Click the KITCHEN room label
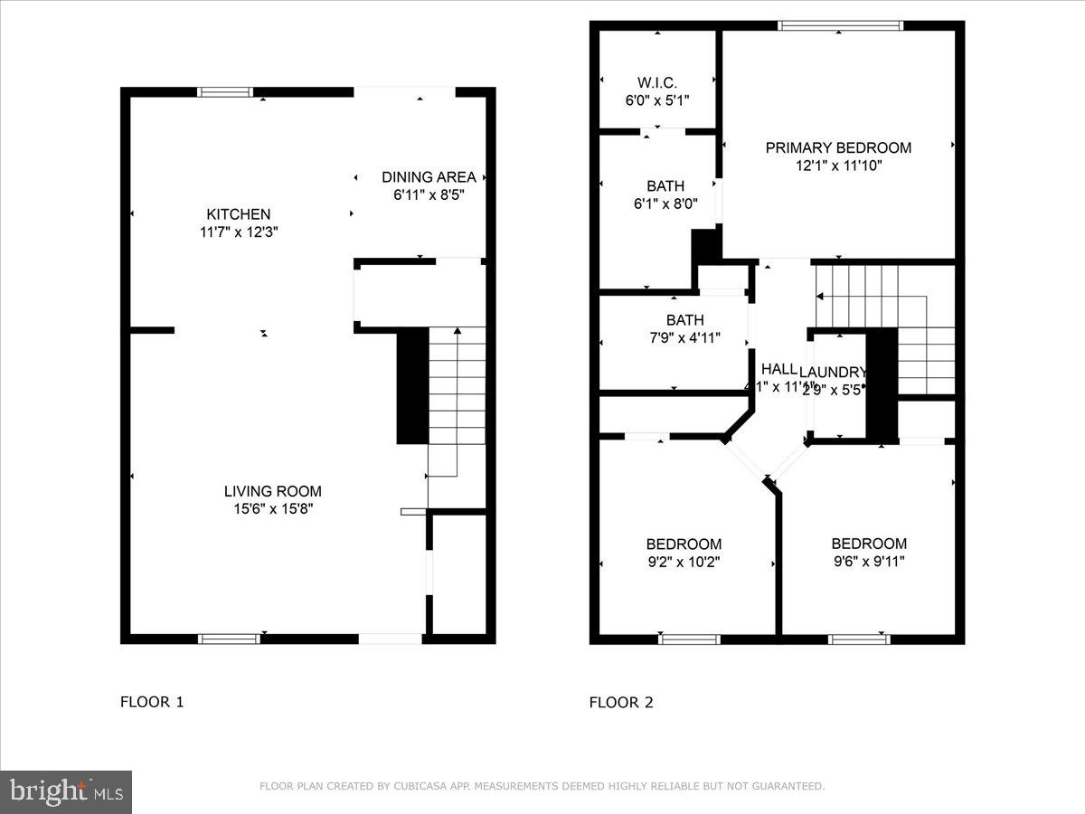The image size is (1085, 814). click(x=239, y=214)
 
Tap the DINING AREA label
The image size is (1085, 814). click(x=429, y=177)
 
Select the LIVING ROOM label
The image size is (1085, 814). click(x=273, y=491)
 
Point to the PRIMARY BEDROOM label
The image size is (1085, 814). click(x=838, y=147)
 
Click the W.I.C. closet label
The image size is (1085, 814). click(x=657, y=83)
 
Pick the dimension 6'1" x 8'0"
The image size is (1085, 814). click(x=665, y=204)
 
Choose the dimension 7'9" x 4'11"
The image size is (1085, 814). click(x=684, y=338)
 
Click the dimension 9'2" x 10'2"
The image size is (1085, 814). click(x=684, y=562)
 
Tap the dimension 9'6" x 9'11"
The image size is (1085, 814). click(x=869, y=561)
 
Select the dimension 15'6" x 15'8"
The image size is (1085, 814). click(x=273, y=509)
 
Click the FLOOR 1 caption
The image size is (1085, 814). click(x=152, y=702)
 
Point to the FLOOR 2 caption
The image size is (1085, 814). click(x=621, y=702)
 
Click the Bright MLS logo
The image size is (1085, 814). click(x=66, y=792)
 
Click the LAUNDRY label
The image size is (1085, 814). click(x=833, y=372)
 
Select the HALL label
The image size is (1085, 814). click(x=778, y=369)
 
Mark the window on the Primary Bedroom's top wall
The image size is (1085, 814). click(x=841, y=25)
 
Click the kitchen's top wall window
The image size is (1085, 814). click(x=225, y=91)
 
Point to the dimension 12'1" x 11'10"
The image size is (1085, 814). click(x=838, y=166)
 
